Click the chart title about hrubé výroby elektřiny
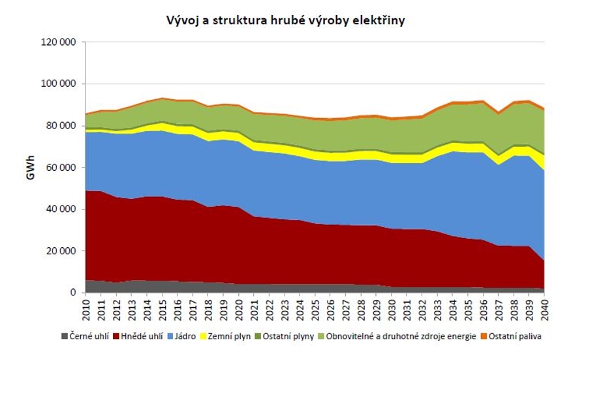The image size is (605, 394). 285,21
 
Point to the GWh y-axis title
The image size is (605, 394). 31,167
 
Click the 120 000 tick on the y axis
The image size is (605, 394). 59,42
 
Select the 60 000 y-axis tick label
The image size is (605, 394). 62,168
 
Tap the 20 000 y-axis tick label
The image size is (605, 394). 62,251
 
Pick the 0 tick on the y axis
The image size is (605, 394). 73,293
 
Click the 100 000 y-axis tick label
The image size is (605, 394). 59,84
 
